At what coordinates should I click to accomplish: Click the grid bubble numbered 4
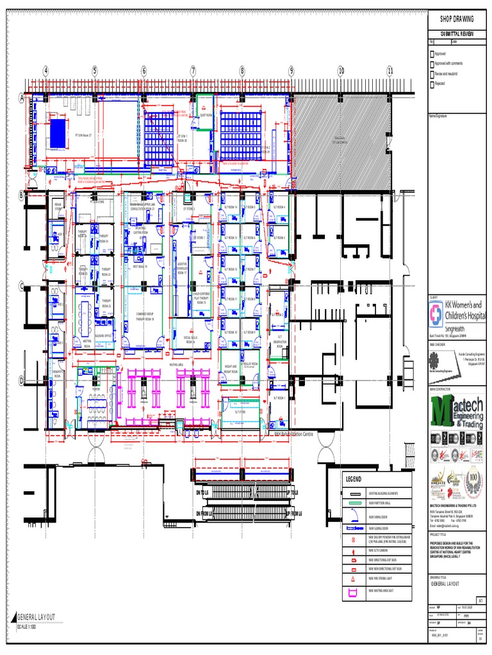[x=45, y=70]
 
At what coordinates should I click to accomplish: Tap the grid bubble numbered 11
[x=389, y=70]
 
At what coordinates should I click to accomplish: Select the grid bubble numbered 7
[x=193, y=70]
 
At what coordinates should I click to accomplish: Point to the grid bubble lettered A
[x=21, y=98]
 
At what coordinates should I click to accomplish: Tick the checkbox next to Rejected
[x=432, y=84]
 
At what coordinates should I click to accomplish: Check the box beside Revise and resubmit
[x=432, y=74]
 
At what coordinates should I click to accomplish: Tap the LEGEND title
[x=355, y=480]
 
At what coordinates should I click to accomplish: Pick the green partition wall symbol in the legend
[x=354, y=505]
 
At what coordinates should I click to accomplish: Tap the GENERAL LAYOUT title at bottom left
[x=37, y=617]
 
